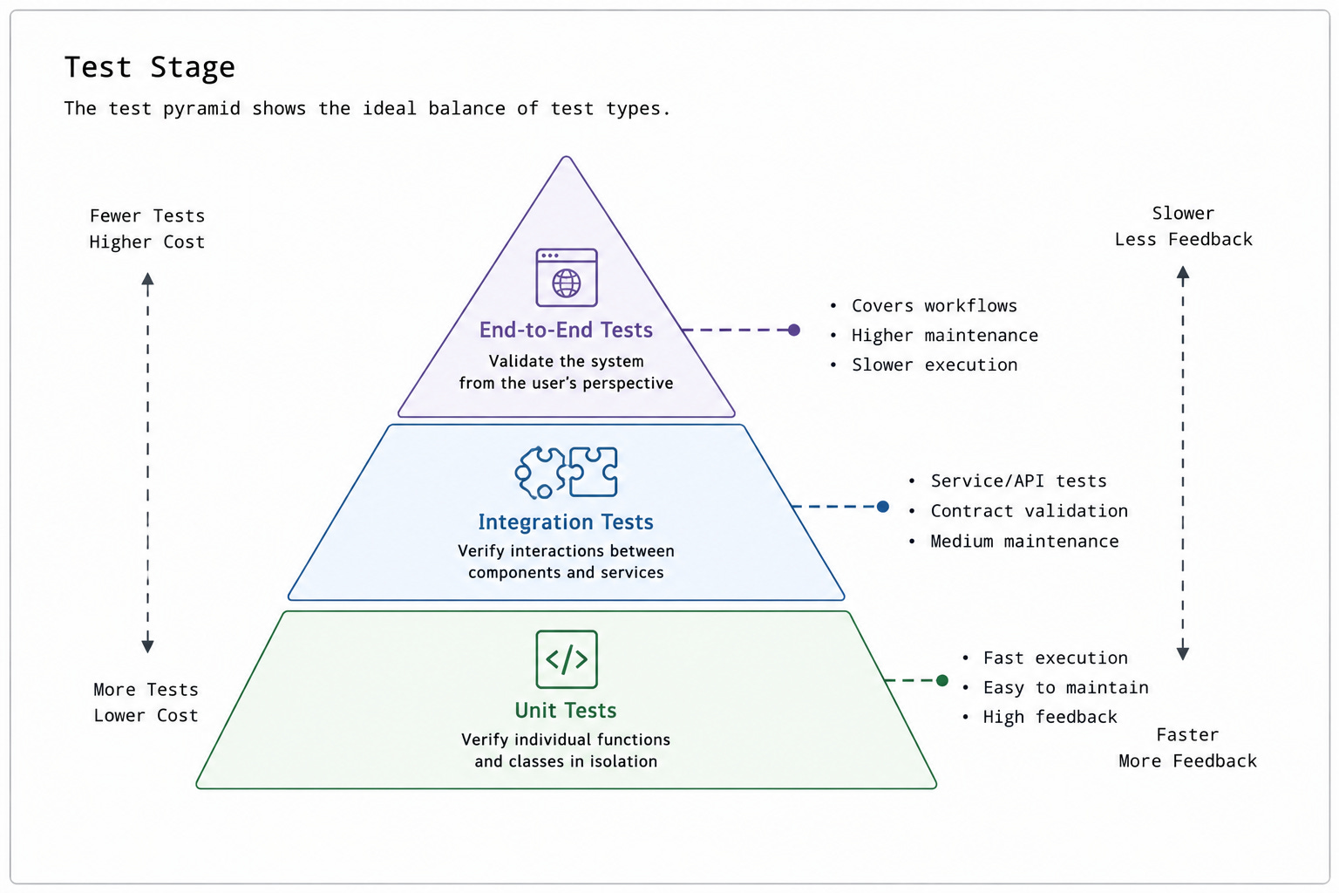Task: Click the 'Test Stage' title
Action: tap(149, 67)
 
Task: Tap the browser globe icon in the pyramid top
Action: tap(566, 277)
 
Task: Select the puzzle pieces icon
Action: tap(566, 473)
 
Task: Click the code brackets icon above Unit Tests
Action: tap(566, 659)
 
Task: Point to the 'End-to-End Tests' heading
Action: tap(566, 330)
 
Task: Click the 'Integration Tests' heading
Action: tap(566, 521)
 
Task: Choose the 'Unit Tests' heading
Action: tap(566, 710)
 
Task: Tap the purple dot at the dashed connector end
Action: tap(794, 330)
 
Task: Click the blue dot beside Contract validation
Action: tap(883, 507)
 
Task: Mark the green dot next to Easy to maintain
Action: tap(942, 680)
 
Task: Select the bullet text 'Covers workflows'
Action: tap(935, 305)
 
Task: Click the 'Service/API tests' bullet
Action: tap(1018, 481)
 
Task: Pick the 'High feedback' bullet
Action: tap(1050, 717)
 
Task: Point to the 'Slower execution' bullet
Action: tap(935, 365)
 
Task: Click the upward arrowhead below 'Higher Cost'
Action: tap(147, 279)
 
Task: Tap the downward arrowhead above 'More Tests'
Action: tap(147, 646)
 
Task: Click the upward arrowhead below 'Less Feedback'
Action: tap(1182, 273)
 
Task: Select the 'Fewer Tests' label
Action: tap(147, 215)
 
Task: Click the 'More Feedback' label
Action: tap(1187, 760)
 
